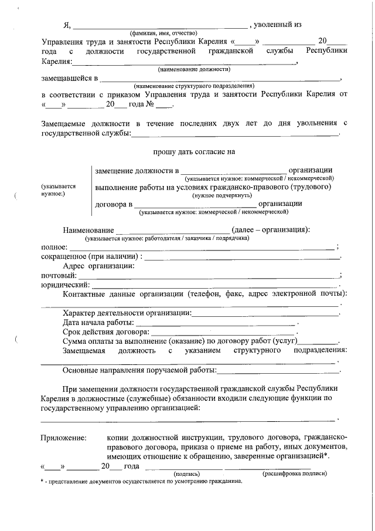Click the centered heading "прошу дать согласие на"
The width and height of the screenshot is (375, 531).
coord(194,151)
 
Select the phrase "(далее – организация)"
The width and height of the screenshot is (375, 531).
coord(271,229)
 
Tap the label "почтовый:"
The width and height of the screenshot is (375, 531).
coord(59,275)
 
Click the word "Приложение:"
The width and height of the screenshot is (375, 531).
coord(63,437)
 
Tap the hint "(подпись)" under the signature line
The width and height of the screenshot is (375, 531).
coord(187,473)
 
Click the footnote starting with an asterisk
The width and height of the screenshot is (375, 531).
coord(141,481)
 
